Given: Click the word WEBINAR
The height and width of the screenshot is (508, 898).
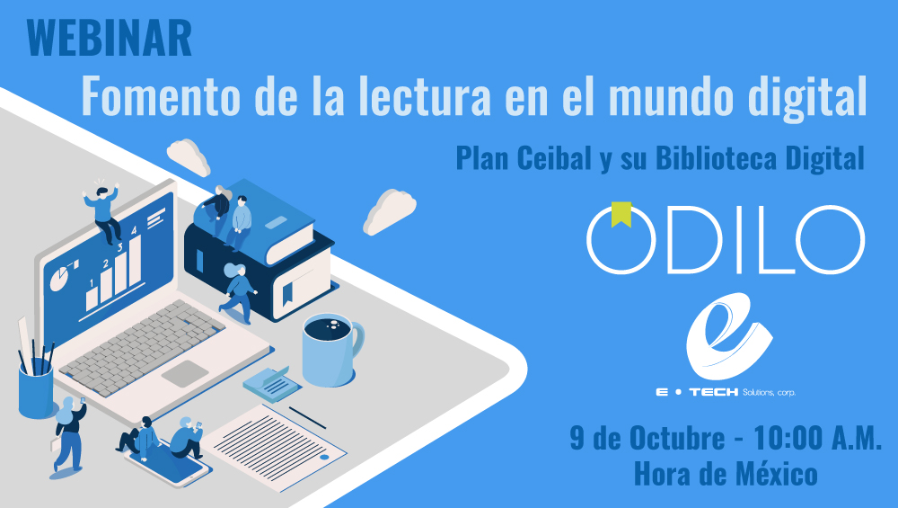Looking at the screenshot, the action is tap(109, 39).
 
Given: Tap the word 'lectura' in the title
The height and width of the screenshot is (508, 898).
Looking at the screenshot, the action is tap(425, 95).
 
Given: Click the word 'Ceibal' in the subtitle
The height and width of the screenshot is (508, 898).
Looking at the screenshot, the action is tap(554, 157).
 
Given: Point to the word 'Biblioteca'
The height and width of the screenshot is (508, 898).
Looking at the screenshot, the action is tap(716, 157).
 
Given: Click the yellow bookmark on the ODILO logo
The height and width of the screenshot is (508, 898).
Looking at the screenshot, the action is tap(621, 214).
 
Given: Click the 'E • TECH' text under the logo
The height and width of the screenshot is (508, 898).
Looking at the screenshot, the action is tap(697, 392).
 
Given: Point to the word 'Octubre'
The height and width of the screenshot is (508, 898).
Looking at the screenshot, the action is tap(677, 438).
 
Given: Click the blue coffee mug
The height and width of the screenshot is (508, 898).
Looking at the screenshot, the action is tap(333, 349).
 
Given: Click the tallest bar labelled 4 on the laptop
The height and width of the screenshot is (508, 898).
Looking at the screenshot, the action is tap(135, 261).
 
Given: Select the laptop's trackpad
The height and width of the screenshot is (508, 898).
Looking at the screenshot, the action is tap(185, 373).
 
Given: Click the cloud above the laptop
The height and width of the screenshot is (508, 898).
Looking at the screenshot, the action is tap(189, 156).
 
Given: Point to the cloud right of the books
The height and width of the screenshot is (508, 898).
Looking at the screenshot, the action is tap(390, 211).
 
